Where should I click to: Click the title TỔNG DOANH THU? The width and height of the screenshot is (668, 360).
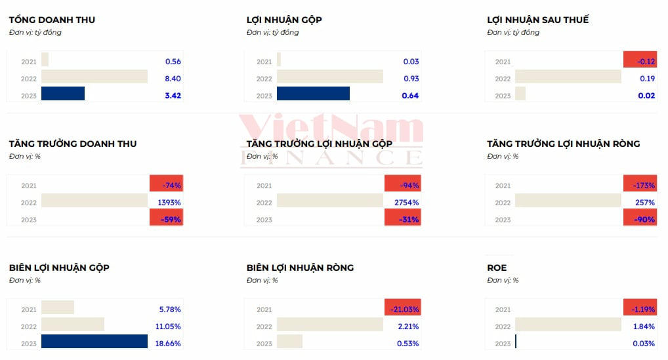pyautogui.click(x=52, y=20)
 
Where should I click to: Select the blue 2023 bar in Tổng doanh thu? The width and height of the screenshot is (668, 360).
pyautogui.click(x=63, y=94)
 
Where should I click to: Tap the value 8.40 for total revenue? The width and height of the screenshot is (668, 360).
pyautogui.click(x=173, y=79)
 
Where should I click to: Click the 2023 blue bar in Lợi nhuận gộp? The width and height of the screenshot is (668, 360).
pyautogui.click(x=313, y=94)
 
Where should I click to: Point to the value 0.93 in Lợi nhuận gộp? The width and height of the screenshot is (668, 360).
pyautogui.click(x=411, y=79)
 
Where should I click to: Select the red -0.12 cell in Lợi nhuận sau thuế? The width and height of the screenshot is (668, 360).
pyautogui.click(x=640, y=61)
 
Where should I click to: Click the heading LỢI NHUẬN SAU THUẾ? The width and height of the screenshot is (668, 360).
pyautogui.click(x=537, y=20)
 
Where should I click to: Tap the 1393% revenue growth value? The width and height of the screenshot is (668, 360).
pyautogui.click(x=169, y=203)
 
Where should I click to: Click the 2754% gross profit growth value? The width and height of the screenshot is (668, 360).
pyautogui.click(x=406, y=203)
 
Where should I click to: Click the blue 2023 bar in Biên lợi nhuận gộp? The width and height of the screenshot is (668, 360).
pyautogui.click(x=94, y=341)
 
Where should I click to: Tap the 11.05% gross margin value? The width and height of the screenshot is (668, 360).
pyautogui.click(x=170, y=326)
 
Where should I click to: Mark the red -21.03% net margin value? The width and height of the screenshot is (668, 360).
pyautogui.click(x=402, y=309)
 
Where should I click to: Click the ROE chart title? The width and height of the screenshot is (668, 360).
pyautogui.click(x=497, y=268)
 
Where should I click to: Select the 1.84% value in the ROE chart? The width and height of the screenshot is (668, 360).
pyautogui.click(x=644, y=326)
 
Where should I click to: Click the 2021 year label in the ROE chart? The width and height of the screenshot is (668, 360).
pyautogui.click(x=503, y=310)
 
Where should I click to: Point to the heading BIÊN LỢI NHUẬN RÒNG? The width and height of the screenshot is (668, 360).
pyautogui.click(x=300, y=268)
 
